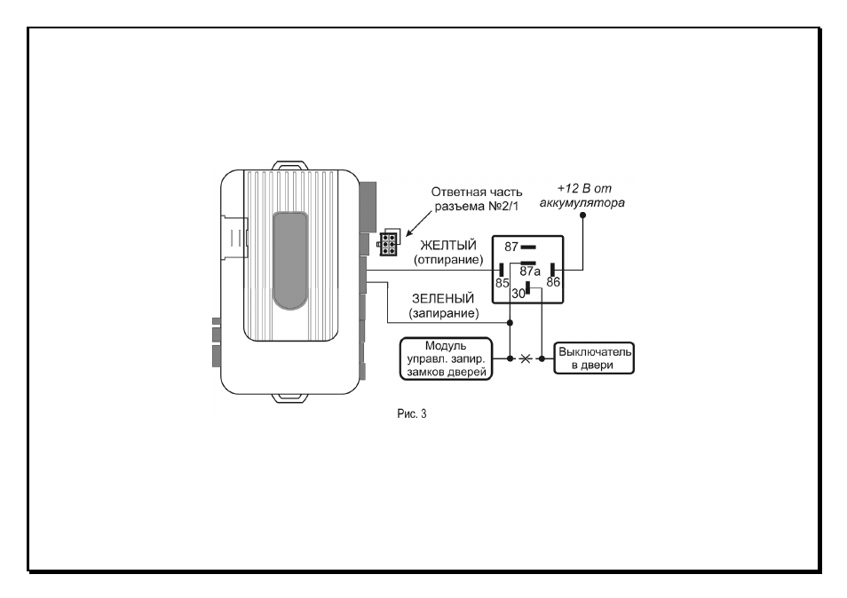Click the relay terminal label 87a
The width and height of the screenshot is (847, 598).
(530, 271)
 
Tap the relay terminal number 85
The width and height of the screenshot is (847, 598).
(502, 283)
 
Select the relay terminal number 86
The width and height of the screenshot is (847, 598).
(553, 282)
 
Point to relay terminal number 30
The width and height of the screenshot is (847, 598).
(518, 294)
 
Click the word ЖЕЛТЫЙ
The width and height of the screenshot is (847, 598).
(448, 246)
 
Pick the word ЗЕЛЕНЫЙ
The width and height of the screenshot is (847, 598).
(443, 298)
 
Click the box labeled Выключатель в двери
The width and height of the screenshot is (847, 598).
(594, 358)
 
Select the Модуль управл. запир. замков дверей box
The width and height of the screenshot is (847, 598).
(447, 359)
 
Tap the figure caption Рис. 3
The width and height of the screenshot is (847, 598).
(412, 414)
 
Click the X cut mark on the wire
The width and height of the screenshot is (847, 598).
(525, 358)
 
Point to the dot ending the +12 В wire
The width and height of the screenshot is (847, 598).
(582, 216)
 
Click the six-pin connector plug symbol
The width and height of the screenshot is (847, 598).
(388, 243)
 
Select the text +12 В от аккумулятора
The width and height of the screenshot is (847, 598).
(582, 195)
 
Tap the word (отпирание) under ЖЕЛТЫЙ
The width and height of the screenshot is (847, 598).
(448, 260)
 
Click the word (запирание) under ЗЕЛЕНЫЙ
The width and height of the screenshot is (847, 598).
(444, 313)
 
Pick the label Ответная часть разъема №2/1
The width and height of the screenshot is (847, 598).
(477, 199)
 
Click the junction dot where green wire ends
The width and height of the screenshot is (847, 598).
(510, 323)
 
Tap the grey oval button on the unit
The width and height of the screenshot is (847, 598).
(290, 261)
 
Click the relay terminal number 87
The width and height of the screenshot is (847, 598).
(511, 248)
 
